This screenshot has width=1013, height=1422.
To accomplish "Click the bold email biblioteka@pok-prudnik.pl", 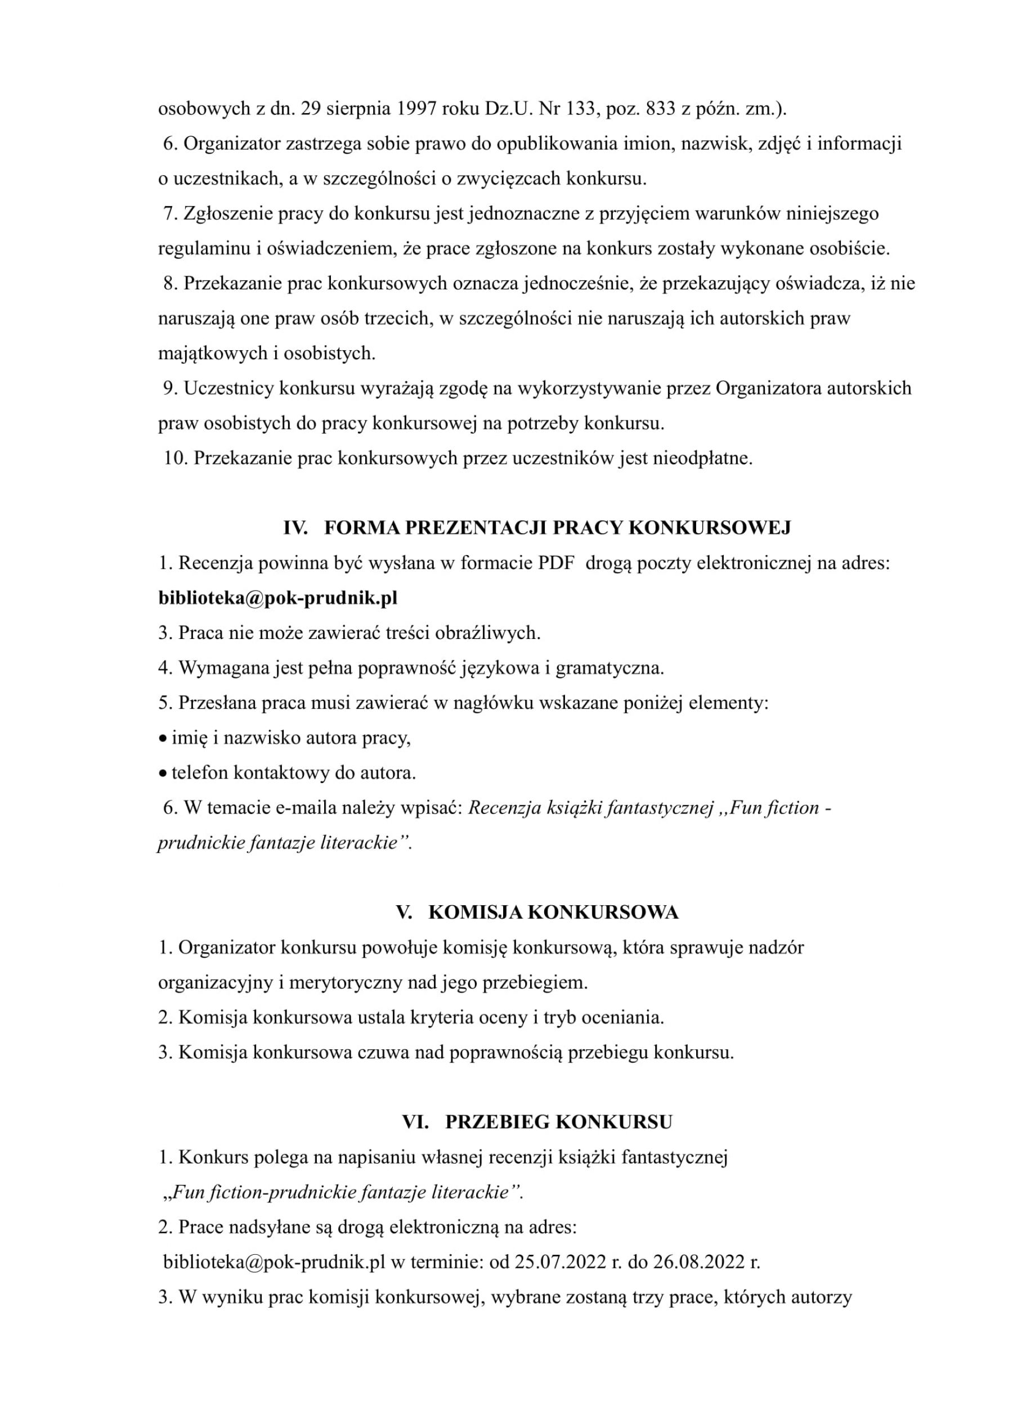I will tap(277, 598).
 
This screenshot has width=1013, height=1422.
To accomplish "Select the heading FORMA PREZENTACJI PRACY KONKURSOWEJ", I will tap(557, 528).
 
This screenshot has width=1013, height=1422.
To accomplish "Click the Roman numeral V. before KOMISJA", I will tap(404, 913).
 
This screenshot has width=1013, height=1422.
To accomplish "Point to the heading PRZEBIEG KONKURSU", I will tap(559, 1123).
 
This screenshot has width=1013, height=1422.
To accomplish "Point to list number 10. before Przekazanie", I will tap(175, 459).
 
